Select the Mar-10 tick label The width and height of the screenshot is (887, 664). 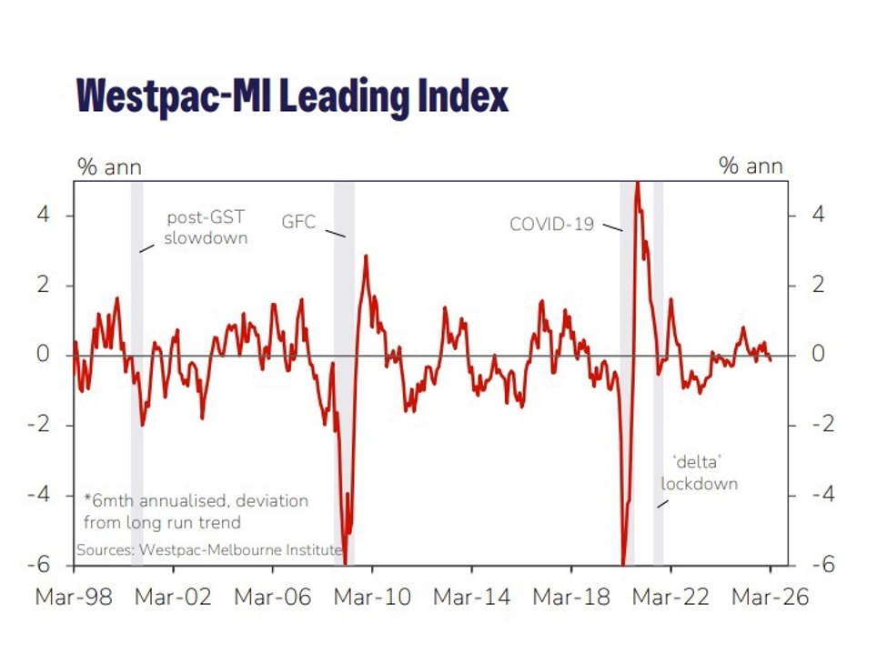click(372, 598)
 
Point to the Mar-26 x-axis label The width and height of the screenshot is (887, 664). click(771, 598)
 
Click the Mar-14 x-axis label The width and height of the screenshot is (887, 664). click(471, 598)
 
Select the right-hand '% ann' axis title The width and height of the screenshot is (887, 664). click(751, 166)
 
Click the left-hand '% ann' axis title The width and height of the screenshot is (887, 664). click(109, 166)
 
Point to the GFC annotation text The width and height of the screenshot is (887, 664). click(298, 221)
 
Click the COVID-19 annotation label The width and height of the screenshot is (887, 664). click(551, 224)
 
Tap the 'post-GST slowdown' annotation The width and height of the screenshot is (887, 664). click(207, 228)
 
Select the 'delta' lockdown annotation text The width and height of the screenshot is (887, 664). click(699, 473)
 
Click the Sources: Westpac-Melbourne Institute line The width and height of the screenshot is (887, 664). click(208, 550)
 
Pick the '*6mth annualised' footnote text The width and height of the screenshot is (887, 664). click(196, 511)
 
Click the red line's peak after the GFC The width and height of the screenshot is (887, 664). click(366, 257)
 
